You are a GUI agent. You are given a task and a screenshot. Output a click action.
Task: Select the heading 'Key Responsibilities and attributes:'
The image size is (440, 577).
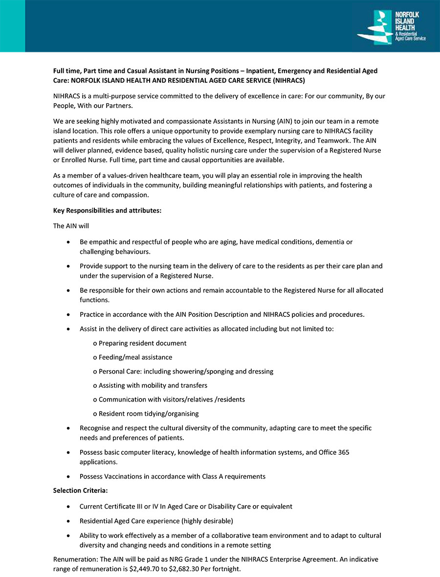tap(107, 210)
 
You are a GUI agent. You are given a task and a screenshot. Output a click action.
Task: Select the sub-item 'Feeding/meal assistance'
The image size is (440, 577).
tap(135, 357)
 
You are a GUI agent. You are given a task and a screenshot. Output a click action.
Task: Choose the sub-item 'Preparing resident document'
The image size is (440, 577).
tap(142, 343)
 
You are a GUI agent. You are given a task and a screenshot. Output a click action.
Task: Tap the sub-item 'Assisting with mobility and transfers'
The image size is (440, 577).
tap(153, 385)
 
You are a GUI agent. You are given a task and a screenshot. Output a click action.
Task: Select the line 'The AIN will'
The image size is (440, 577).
tap(71, 226)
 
